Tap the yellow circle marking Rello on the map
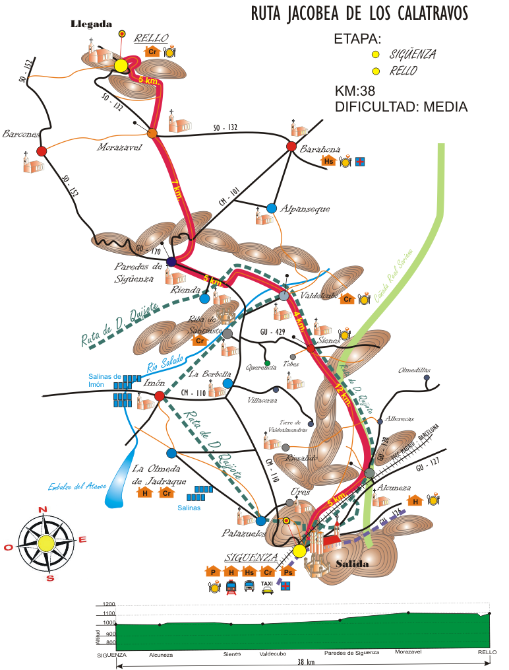click(x=121, y=66)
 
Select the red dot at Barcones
click(x=42, y=151)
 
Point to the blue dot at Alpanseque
click(x=272, y=208)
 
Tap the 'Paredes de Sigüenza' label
click(x=138, y=273)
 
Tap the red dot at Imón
click(x=159, y=395)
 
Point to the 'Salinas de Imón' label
click(x=105, y=380)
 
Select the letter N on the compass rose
click(x=43, y=509)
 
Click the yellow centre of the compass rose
click(x=45, y=543)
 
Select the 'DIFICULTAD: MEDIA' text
click(x=401, y=106)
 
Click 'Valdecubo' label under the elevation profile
click(x=272, y=655)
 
